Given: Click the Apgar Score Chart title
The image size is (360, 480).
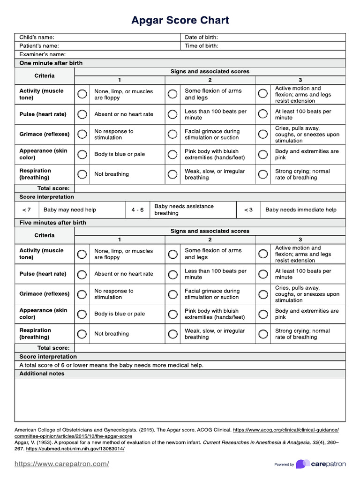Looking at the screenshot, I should pyautogui.click(x=180, y=21).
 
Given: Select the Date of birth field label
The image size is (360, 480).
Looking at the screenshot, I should pyautogui.click(x=201, y=37).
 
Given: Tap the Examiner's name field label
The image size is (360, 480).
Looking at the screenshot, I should pyautogui.click(x=39, y=54).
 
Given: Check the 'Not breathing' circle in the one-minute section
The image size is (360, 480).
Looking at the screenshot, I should pyautogui.click(x=82, y=174).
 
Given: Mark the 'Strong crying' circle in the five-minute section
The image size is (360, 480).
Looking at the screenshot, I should pyautogui.click(x=263, y=334).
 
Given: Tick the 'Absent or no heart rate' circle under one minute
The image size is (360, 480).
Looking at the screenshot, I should pyautogui.click(x=82, y=114).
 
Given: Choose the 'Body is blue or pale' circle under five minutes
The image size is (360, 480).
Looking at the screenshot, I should pyautogui.click(x=82, y=314).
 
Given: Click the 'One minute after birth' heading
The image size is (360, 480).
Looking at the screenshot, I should pyautogui.click(x=51, y=63).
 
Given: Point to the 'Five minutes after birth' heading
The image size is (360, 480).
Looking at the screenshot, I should pyautogui.click(x=52, y=223).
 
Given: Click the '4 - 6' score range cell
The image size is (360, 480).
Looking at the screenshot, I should pyautogui.click(x=137, y=210).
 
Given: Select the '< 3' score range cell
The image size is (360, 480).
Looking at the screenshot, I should pyautogui.click(x=248, y=210).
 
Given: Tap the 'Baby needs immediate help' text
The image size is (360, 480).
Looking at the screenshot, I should pyautogui.click(x=300, y=210).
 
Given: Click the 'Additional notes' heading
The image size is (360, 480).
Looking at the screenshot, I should pyautogui.click(x=42, y=374).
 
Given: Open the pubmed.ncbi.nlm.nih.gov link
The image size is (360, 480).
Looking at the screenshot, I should pyautogui.click(x=75, y=449).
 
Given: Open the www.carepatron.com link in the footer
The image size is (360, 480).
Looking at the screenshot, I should pyautogui.click(x=62, y=464).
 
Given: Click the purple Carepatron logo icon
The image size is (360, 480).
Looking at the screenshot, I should pyautogui.click(x=302, y=464).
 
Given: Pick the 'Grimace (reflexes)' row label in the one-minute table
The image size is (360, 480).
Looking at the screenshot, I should pyautogui.click(x=44, y=134).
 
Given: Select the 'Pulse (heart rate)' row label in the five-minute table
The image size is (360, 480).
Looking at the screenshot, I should pyautogui.click(x=43, y=274).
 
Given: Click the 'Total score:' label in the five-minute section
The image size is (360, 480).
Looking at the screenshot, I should pyautogui.click(x=53, y=348).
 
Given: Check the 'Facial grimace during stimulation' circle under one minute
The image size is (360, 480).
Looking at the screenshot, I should pyautogui.click(x=172, y=135).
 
